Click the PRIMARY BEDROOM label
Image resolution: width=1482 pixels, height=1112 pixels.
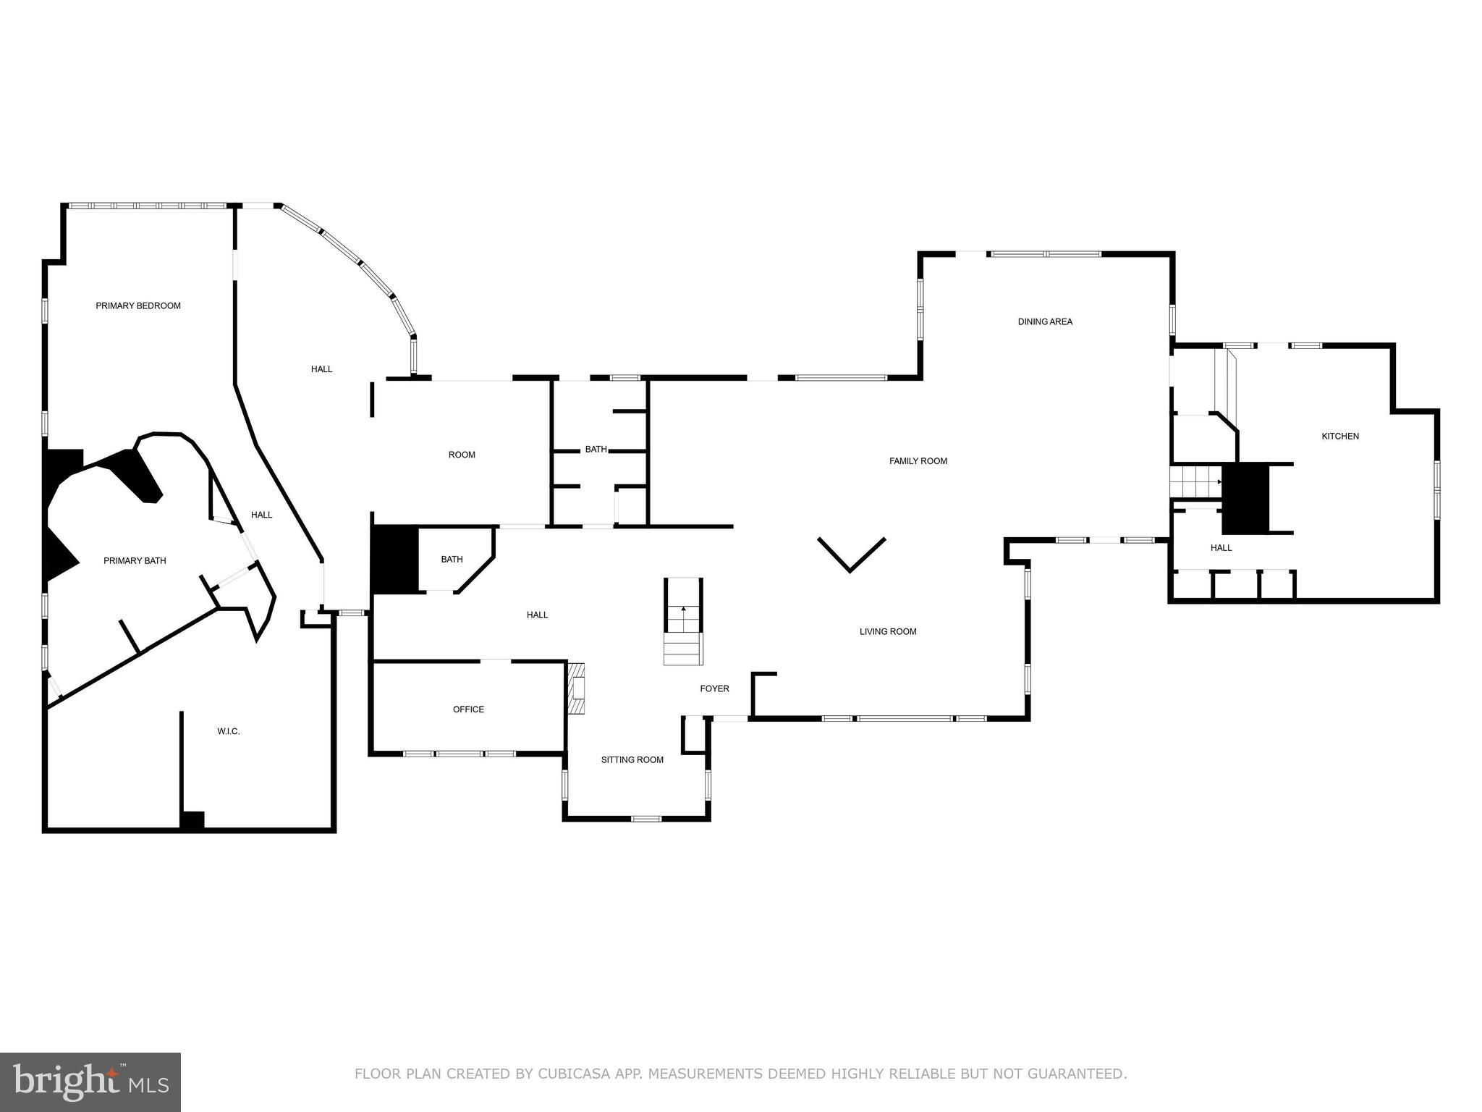coord(138,306)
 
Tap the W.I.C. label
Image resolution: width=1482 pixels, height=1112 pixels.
coord(228,732)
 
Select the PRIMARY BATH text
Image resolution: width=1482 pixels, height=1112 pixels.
coord(135,561)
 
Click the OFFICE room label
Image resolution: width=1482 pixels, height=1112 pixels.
coord(468,709)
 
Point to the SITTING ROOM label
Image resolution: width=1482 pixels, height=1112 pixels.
coord(632,760)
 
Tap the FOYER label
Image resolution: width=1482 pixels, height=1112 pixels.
coord(714,689)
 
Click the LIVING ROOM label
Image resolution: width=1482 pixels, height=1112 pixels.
coord(888,632)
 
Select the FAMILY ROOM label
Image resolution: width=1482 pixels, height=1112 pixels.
coord(918,461)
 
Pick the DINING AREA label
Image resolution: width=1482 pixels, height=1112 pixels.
coord(1045,322)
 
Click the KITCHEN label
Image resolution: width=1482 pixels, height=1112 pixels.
coord(1340,437)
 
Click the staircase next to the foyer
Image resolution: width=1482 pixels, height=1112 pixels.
coord(683,623)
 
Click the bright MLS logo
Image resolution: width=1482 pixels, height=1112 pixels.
coord(90,1082)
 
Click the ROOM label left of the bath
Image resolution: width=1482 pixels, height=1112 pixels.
coord(462,455)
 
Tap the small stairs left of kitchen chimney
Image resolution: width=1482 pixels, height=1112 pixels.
coord(1195,482)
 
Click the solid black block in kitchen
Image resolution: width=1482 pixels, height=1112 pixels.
coord(1246,498)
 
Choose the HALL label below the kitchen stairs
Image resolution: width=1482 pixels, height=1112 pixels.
coord(1221,548)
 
